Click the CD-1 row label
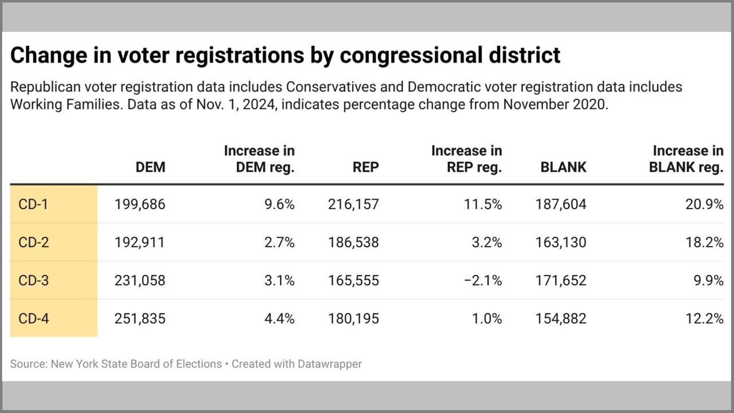(x=33, y=204)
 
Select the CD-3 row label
(x=34, y=280)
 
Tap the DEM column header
(x=150, y=167)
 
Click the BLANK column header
(x=563, y=167)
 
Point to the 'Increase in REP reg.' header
(x=467, y=159)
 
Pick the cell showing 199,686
(x=140, y=204)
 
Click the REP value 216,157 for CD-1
(x=353, y=204)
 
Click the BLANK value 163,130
(x=560, y=243)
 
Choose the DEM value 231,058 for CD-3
(x=140, y=280)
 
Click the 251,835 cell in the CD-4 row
(x=140, y=318)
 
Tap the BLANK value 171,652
(x=560, y=280)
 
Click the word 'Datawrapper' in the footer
(x=325, y=364)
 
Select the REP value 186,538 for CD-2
(x=353, y=243)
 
